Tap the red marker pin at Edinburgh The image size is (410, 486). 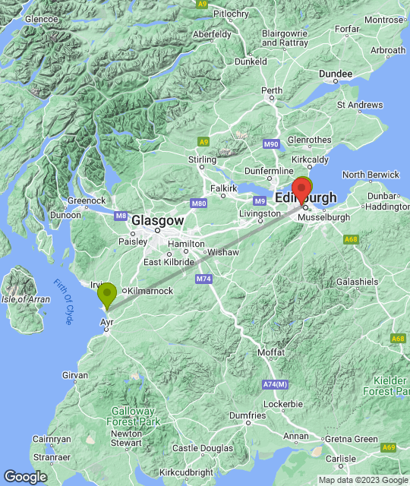pos(301,190)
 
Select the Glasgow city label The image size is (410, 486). pos(158,220)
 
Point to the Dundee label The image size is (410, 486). pos(336,74)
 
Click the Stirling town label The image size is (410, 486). pos(202,159)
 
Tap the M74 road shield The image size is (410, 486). pos(203,279)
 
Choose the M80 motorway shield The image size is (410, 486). pos(199,204)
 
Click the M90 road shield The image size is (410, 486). pos(272,144)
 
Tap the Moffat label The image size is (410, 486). pos(271,353)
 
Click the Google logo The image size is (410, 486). pos(25,477)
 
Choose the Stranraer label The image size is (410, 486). pos(52,458)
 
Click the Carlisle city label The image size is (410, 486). pos(341,459)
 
